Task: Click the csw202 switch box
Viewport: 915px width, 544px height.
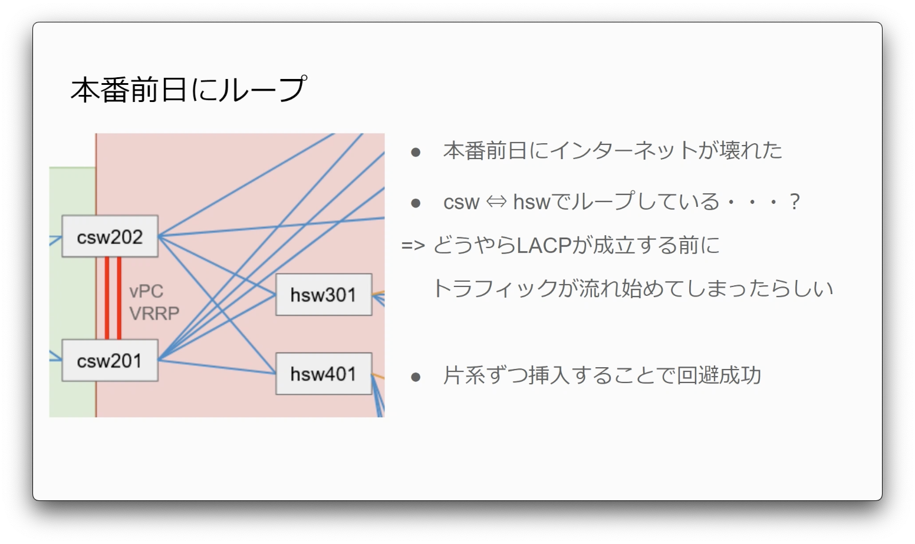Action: coord(110,236)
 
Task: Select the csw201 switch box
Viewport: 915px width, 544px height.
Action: coord(110,360)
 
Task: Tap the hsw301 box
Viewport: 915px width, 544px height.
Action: coord(324,295)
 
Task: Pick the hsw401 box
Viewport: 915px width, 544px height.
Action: coord(324,374)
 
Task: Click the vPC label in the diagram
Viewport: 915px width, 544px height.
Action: coord(146,292)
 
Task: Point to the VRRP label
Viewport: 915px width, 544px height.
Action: coord(154,313)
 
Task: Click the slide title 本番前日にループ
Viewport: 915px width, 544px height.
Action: coord(189,89)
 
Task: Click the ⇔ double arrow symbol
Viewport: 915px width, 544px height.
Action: coord(496,202)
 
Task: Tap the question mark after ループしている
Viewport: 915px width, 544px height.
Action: coord(795,202)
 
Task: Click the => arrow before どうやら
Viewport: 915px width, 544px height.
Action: coord(413,245)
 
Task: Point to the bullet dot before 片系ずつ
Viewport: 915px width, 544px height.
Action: coord(416,377)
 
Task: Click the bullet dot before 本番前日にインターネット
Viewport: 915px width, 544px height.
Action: coord(416,152)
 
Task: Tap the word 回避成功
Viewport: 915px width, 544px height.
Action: coord(719,375)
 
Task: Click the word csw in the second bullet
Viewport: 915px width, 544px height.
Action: coord(461,203)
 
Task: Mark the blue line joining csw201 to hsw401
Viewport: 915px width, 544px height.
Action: coord(217,367)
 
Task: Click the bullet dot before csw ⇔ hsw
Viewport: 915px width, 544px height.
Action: coord(416,203)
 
